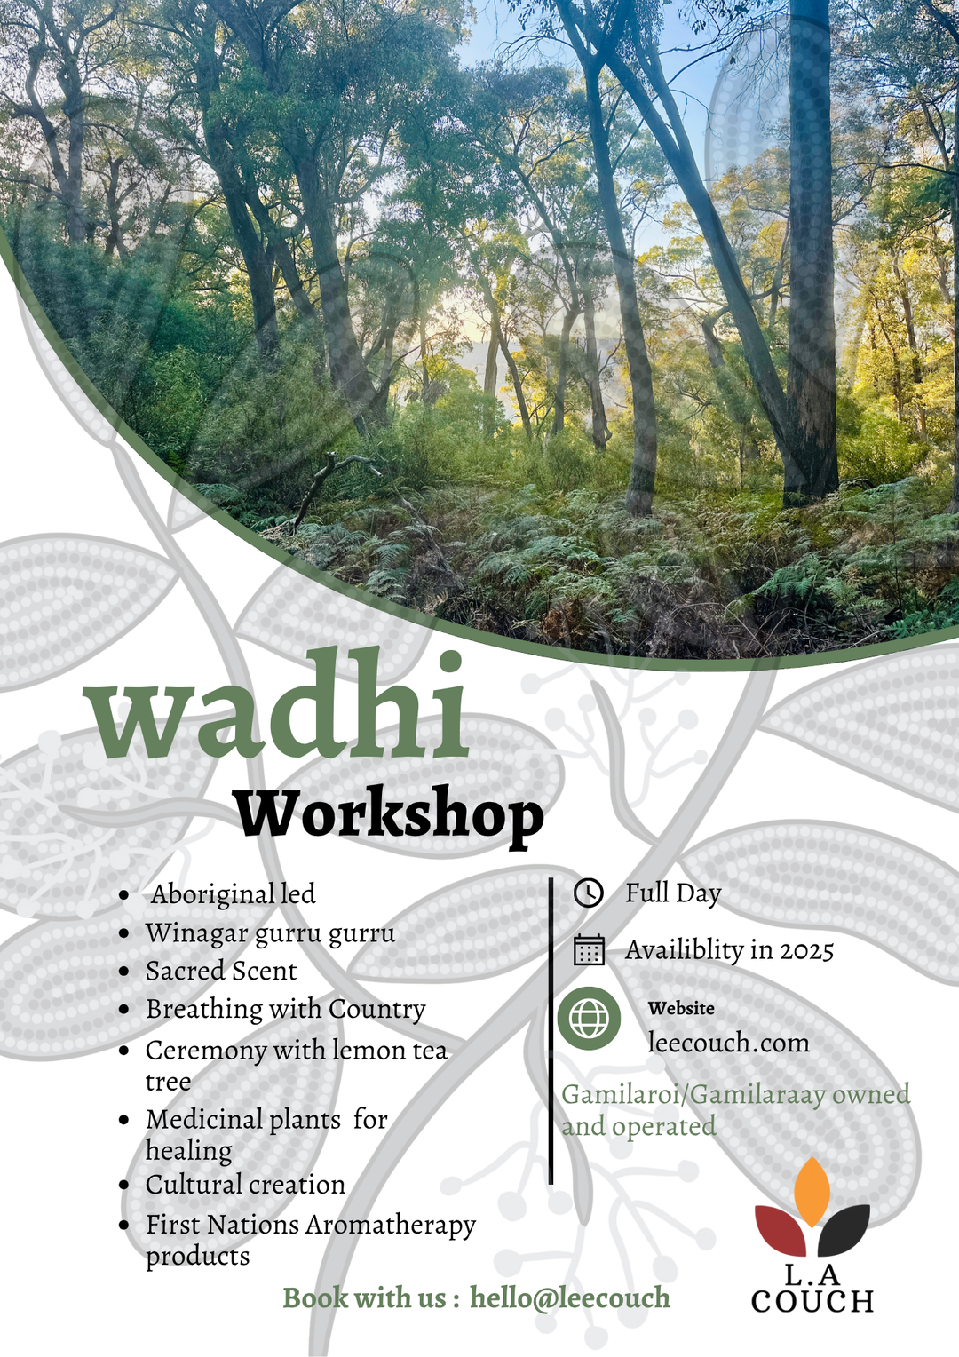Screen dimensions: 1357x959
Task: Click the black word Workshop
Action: [389, 813]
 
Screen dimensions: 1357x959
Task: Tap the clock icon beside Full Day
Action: [588, 893]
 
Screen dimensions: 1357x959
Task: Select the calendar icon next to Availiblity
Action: [589, 949]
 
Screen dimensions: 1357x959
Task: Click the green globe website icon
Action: [589, 1018]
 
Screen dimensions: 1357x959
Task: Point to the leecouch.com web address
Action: [728, 1042]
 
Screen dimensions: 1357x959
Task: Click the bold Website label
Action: [681, 1008]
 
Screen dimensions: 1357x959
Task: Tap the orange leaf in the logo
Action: [812, 1190]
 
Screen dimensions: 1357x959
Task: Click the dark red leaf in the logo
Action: [781, 1228]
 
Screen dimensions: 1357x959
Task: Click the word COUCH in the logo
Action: [812, 1302]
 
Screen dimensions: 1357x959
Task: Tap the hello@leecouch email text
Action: [569, 1297]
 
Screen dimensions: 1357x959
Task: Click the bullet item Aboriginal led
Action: [233, 893]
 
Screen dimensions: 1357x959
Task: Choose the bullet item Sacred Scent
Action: [221, 971]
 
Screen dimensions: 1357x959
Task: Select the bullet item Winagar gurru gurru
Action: [270, 932]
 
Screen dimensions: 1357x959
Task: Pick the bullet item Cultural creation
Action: [245, 1185]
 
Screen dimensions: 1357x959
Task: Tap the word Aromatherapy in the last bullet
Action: [391, 1226]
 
